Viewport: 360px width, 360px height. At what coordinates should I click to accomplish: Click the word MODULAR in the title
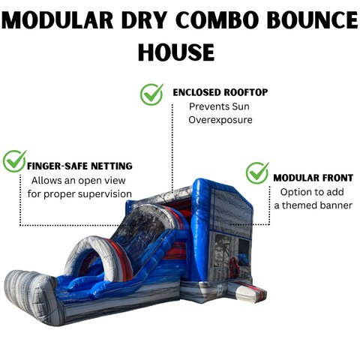tap(58, 20)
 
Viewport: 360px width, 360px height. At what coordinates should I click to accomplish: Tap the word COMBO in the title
tap(220, 20)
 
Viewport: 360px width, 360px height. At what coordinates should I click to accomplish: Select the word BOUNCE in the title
tap(313, 20)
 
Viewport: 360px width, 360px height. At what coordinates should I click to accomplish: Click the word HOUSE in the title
tap(176, 52)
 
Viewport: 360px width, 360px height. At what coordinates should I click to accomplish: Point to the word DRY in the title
tap(144, 20)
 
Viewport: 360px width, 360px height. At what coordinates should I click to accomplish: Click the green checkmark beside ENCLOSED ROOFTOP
tap(151, 94)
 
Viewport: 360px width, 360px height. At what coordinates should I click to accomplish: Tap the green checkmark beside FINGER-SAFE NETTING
tap(15, 160)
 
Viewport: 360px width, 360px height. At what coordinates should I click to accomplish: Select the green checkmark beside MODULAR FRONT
tap(257, 172)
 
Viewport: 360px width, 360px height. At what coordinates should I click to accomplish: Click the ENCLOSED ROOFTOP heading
tap(220, 92)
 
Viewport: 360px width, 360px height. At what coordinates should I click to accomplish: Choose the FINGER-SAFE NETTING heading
tap(79, 166)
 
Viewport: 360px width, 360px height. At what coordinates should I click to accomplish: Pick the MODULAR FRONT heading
tap(313, 178)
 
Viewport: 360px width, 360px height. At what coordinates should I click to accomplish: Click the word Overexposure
tap(220, 120)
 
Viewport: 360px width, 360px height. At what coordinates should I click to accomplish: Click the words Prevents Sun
tap(219, 106)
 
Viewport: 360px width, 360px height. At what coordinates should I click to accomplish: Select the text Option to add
tap(312, 192)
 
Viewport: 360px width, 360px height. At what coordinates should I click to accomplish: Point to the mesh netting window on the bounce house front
tap(223, 250)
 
